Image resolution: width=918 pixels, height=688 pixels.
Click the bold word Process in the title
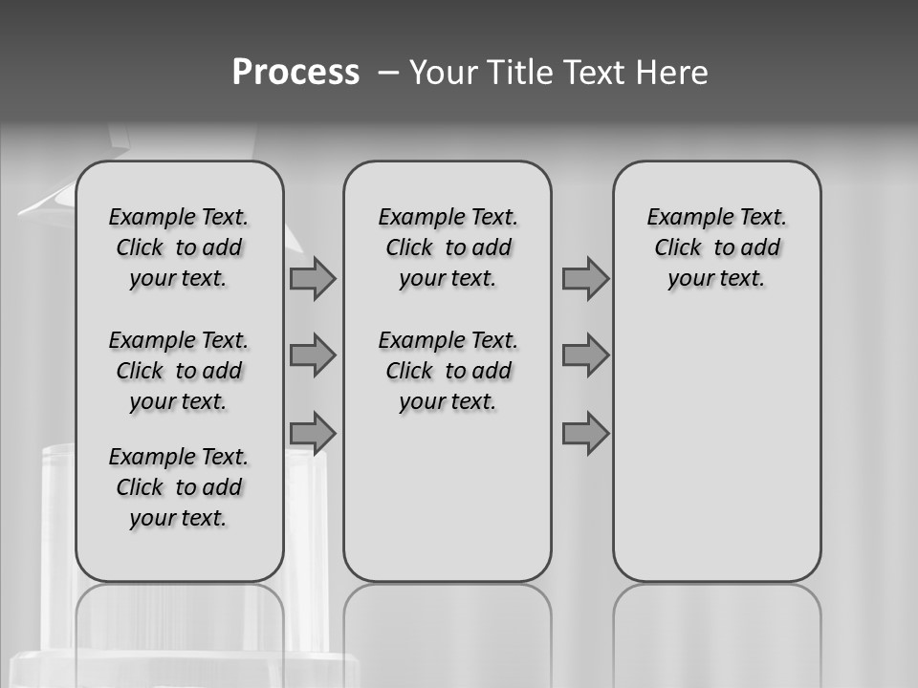[295, 73]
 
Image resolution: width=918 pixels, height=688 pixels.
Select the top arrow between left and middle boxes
[313, 279]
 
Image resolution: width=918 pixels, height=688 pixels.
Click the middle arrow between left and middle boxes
[313, 356]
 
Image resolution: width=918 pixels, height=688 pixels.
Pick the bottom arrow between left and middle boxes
[313, 433]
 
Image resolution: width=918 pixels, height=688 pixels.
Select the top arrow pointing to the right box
[585, 279]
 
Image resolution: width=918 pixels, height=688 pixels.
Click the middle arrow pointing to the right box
[585, 356]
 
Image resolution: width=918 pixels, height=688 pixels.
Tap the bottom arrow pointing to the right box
[585, 433]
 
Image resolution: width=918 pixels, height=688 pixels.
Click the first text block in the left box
[179, 247]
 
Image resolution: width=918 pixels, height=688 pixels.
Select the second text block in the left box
[179, 371]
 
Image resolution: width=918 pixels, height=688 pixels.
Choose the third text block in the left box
[179, 487]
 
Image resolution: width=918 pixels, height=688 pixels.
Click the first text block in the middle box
[448, 247]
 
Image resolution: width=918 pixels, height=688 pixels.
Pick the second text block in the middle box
[448, 371]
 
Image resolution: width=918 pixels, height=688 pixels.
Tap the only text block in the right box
[716, 247]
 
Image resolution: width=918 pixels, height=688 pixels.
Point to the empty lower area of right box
[716, 459]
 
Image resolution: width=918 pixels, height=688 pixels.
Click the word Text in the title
[596, 73]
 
